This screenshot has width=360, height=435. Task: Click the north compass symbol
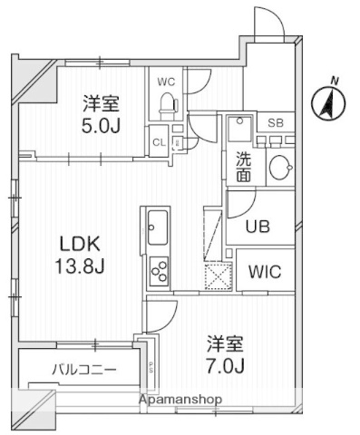click(x=328, y=103)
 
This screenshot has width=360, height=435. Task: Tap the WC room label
click(x=165, y=82)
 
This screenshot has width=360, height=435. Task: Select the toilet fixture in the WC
click(x=167, y=105)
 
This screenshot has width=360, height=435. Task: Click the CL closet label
click(x=158, y=142)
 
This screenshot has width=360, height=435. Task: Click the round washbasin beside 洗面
click(x=281, y=167)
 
